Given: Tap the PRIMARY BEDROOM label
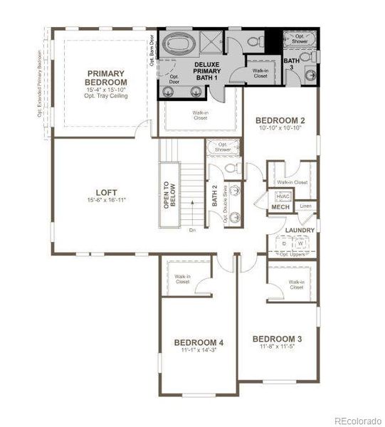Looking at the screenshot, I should (107, 78).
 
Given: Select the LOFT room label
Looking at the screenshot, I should (106, 192).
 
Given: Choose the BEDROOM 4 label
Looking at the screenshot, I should (199, 343).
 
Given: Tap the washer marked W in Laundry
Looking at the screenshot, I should (300, 243).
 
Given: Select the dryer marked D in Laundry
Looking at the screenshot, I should (285, 243).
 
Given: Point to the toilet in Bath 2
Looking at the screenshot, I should (229, 168).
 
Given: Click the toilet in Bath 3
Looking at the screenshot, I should (305, 56).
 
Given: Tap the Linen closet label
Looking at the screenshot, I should (306, 206).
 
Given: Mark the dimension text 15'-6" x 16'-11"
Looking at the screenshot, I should (106, 201).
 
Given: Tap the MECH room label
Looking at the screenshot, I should (280, 207).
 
